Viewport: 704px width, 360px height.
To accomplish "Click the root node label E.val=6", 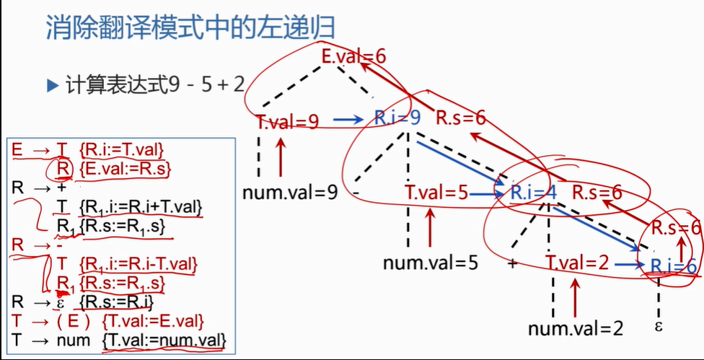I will (355, 56).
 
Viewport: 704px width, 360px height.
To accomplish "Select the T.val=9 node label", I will (288, 121).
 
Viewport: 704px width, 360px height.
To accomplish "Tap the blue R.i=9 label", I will (397, 118).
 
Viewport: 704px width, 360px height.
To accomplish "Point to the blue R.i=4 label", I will (532, 193).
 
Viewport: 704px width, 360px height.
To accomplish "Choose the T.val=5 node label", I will (436, 193).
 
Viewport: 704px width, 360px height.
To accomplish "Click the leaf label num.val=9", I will (290, 193).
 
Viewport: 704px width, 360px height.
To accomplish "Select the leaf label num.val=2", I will (575, 329).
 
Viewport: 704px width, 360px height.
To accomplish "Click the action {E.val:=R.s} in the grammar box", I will (123, 169).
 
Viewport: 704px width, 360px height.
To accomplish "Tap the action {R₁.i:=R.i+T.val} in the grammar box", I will (140, 208).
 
